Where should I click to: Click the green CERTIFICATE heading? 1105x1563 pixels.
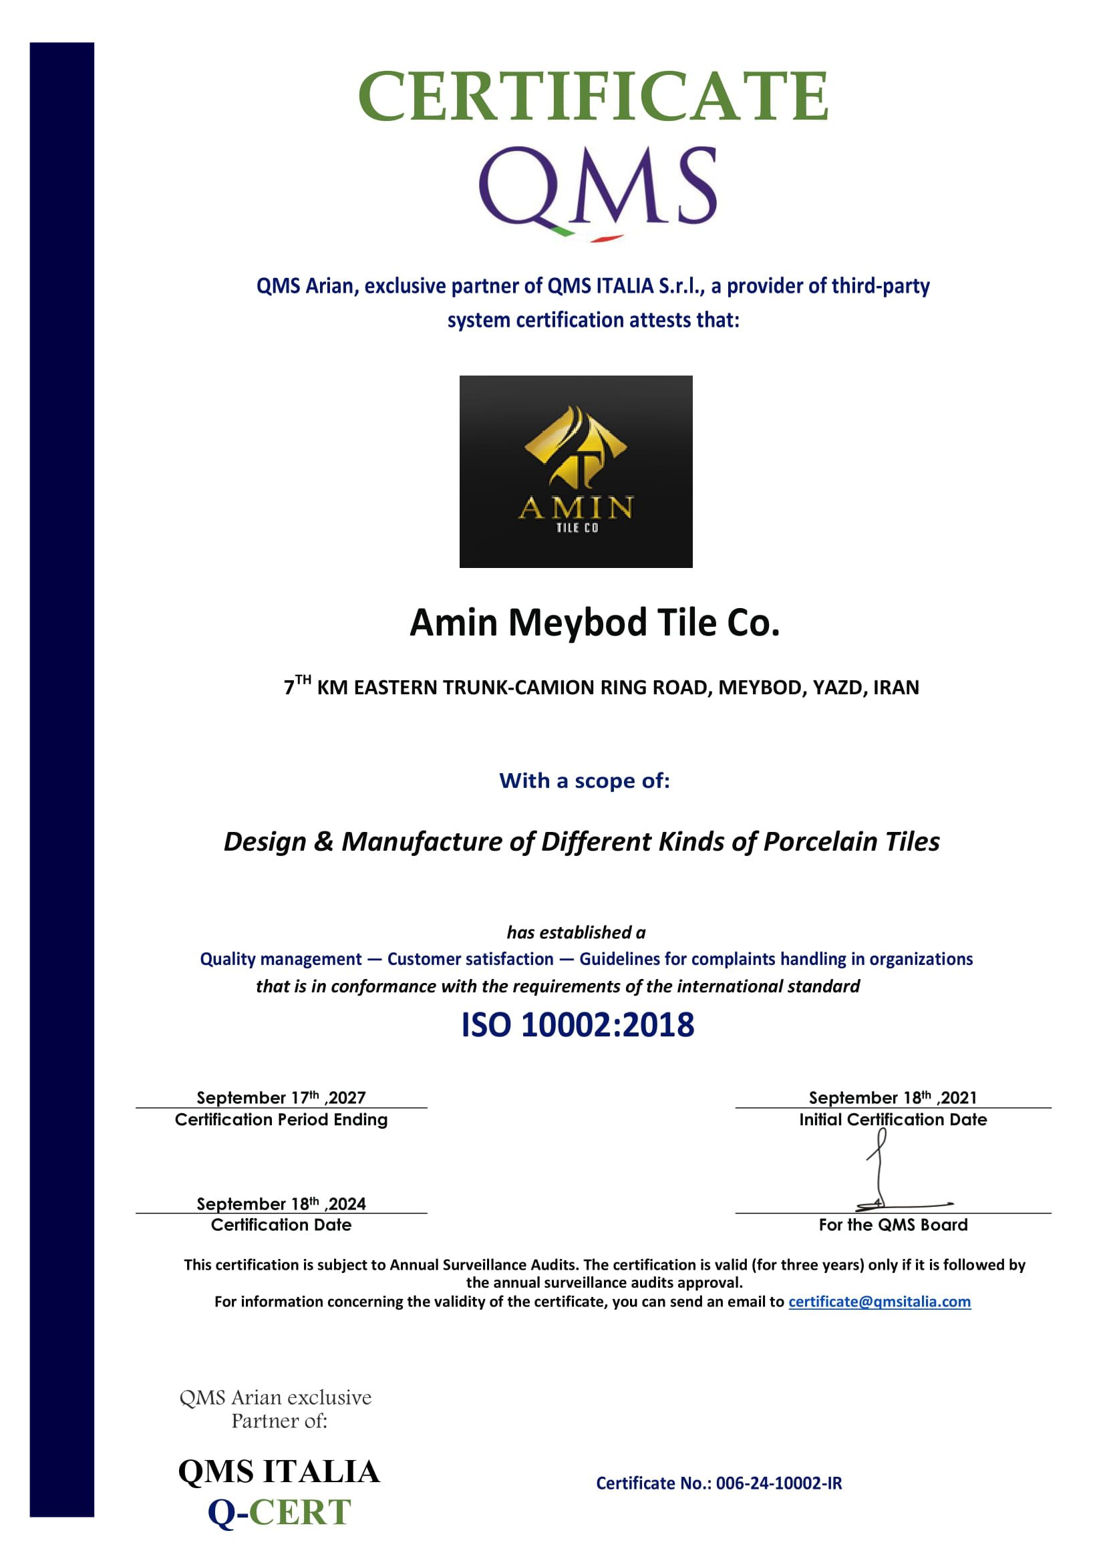coord(593,96)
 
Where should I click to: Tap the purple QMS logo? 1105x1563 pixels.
coord(597,187)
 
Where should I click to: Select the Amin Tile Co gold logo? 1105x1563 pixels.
coord(576,471)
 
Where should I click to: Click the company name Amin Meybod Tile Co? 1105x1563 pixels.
coord(594,622)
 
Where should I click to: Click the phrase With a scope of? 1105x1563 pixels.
coord(585,780)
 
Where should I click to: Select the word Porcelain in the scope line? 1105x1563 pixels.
coord(820,842)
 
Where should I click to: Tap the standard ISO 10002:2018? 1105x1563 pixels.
coord(578,1024)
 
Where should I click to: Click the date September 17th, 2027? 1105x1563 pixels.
coord(281,1097)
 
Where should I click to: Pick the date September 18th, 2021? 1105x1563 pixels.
coord(893,1097)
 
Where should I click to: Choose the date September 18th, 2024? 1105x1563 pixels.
coord(281,1203)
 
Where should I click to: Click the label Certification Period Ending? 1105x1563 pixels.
coord(281,1120)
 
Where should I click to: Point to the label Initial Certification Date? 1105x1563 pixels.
coord(893,1120)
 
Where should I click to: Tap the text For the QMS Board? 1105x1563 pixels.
coord(893,1225)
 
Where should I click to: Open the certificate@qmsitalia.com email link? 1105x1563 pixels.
coord(879,1302)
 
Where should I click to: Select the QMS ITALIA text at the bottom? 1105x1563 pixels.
coord(279,1471)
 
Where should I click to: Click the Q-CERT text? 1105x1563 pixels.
coord(279,1512)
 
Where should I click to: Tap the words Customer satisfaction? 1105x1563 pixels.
coord(470,959)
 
